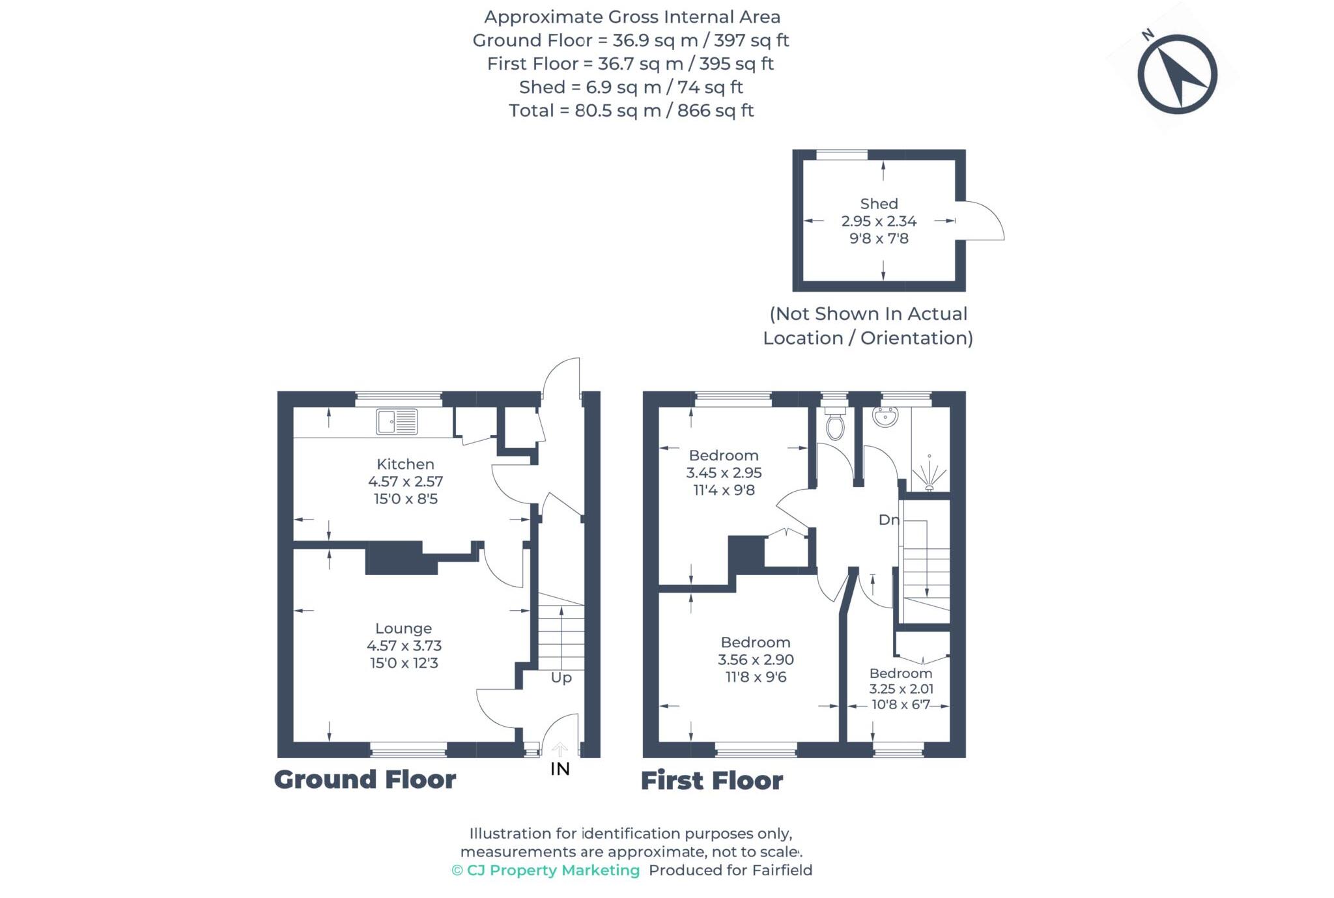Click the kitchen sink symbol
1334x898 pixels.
click(396, 421)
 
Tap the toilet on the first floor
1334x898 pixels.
click(834, 424)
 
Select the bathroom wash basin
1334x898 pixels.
click(885, 417)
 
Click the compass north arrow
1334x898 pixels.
click(1178, 74)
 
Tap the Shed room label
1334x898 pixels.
click(879, 204)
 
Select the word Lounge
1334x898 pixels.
click(403, 628)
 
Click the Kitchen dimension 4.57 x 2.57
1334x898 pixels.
click(405, 482)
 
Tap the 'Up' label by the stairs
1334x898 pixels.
click(561, 678)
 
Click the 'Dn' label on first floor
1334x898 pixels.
click(888, 520)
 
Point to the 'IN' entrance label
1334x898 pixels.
click(560, 769)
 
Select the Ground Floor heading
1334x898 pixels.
click(365, 779)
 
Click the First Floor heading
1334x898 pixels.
click(711, 781)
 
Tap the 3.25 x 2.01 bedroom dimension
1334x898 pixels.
click(901, 689)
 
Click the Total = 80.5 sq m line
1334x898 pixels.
click(631, 111)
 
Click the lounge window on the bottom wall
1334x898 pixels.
click(408, 751)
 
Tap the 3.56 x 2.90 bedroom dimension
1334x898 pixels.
click(756, 660)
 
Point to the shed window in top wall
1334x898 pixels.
click(842, 154)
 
